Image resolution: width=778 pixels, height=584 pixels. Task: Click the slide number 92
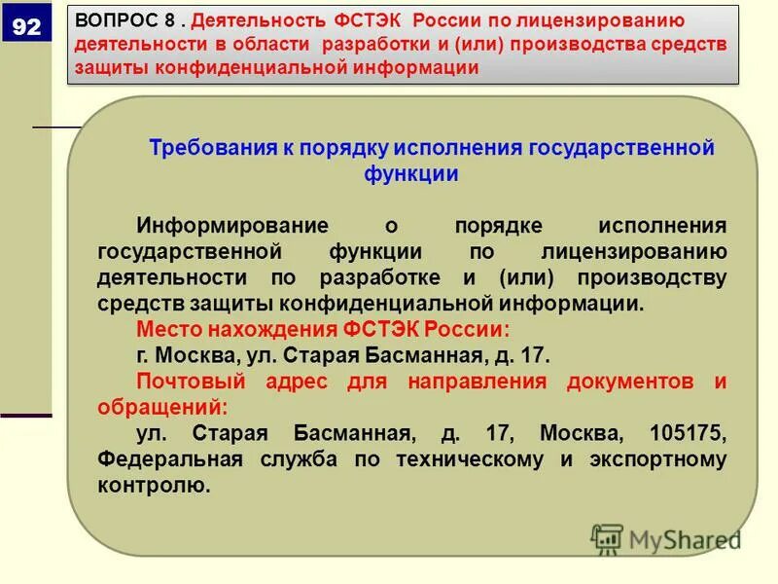pos(26,27)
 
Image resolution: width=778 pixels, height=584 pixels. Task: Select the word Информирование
pos(232,226)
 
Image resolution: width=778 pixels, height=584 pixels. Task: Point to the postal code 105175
pos(683,433)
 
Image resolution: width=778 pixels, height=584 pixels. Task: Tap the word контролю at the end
pos(153,485)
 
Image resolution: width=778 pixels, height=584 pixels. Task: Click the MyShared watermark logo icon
pos(608,539)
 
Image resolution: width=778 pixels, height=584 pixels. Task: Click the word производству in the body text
pos(660,277)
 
